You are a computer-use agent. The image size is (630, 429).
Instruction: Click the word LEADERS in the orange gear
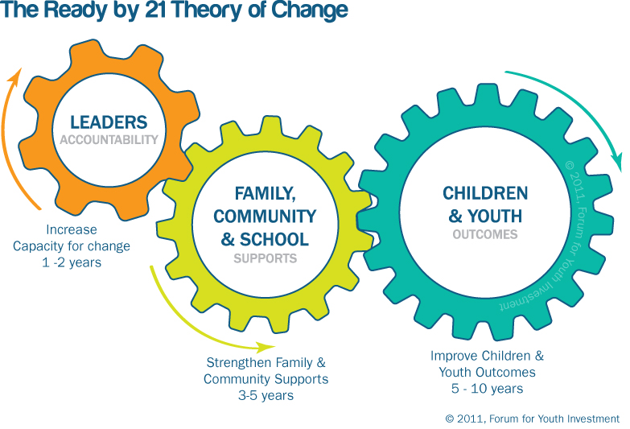pos(109,122)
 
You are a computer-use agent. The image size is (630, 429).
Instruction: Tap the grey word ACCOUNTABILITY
pos(109,139)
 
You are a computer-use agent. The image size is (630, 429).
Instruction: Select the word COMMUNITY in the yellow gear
pos(265,217)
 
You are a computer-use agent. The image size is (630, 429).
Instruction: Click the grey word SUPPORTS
pos(266,258)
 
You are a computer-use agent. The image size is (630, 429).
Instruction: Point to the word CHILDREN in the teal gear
pos(485,193)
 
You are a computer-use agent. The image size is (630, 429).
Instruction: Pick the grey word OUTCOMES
pos(485,234)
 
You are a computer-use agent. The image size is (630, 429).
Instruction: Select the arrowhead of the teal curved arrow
pos(617,163)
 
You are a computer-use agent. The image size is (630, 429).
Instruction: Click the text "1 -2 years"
pos(72,262)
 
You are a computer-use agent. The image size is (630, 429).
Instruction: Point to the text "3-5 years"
pos(266,395)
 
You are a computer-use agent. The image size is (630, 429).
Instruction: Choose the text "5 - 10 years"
pos(487,389)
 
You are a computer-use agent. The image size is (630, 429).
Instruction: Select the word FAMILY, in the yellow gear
pos(266,194)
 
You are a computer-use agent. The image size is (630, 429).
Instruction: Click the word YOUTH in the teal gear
pos(495,216)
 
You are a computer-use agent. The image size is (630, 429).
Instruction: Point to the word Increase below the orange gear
pos(72,229)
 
